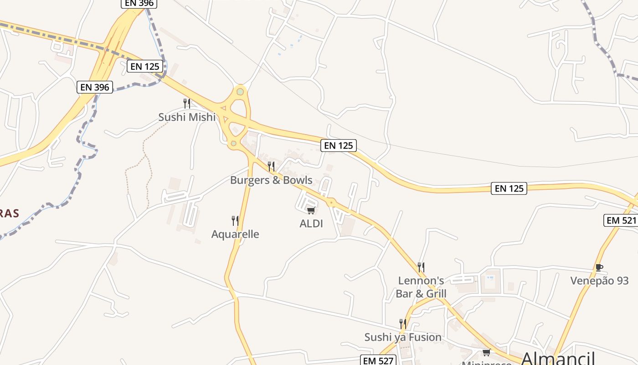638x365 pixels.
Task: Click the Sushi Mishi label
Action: (x=187, y=117)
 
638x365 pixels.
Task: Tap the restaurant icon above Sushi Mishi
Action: (x=186, y=103)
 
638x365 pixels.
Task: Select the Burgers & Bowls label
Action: (x=271, y=180)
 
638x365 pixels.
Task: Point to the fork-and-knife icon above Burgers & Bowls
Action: (x=271, y=166)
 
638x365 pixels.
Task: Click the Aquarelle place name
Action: (x=235, y=235)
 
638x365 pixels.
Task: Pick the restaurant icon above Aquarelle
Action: (x=235, y=221)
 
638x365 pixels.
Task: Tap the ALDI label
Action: (x=311, y=224)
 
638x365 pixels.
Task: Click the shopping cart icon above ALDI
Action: (x=311, y=210)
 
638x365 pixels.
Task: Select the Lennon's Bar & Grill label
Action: (x=421, y=287)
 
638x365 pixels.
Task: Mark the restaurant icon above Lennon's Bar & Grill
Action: (x=421, y=267)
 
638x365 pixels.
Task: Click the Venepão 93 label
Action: (x=599, y=281)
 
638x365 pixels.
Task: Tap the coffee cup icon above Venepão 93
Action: (x=599, y=267)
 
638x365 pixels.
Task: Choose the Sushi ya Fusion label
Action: (x=403, y=337)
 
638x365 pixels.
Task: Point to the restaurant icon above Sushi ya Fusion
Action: (x=403, y=323)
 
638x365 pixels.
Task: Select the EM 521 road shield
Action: (x=620, y=220)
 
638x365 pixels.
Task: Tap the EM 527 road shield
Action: (x=378, y=360)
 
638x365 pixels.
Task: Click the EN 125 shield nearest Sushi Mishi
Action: (x=145, y=66)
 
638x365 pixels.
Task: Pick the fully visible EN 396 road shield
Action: (x=95, y=87)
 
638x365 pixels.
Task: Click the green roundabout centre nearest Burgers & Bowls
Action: (x=234, y=144)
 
